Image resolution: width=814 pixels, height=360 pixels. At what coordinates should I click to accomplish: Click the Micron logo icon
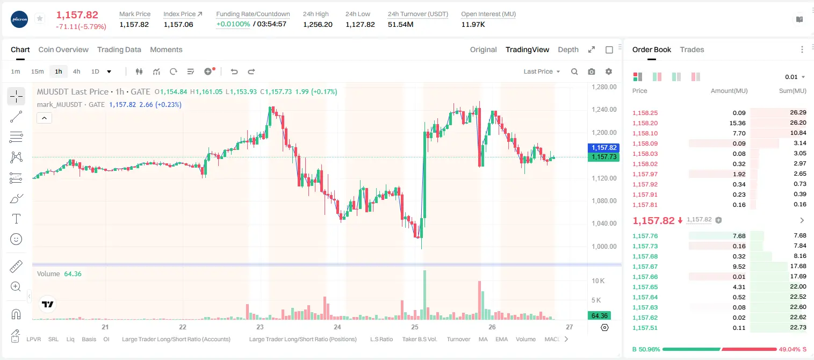pyautogui.click(x=19, y=19)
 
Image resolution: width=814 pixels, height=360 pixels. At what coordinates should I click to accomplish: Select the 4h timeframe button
pyautogui.click(x=76, y=71)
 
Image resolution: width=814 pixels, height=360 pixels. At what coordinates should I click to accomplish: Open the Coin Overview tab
pyautogui.click(x=63, y=49)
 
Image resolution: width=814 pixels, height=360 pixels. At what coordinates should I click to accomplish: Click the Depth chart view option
pyautogui.click(x=568, y=49)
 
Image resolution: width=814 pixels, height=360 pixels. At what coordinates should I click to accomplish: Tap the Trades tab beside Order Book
pyautogui.click(x=692, y=49)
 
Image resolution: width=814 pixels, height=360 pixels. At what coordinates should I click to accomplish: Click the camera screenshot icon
pyautogui.click(x=592, y=71)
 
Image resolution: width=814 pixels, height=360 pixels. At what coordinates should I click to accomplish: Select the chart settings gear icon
pyautogui.click(x=609, y=71)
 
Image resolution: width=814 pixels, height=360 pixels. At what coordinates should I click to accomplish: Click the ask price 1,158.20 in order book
pyautogui.click(x=645, y=123)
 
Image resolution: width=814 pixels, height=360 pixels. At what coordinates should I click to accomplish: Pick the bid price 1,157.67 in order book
pyautogui.click(x=645, y=267)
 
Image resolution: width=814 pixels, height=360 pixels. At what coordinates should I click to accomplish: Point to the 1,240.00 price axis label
pyautogui.click(x=604, y=110)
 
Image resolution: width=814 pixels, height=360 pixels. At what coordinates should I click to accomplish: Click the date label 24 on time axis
pyautogui.click(x=337, y=327)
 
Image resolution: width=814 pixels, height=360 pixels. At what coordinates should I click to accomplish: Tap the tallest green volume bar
pyautogui.click(x=424, y=294)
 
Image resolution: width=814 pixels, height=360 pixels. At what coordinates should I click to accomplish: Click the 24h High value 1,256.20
pyautogui.click(x=318, y=24)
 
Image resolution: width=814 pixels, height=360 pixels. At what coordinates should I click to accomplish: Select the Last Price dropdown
pyautogui.click(x=542, y=71)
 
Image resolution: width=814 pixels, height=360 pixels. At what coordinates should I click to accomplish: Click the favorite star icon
pyautogui.click(x=40, y=18)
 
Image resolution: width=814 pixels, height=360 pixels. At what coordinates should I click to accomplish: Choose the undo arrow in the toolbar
pyautogui.click(x=234, y=71)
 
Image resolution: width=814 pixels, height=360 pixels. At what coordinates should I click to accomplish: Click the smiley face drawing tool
pyautogui.click(x=16, y=239)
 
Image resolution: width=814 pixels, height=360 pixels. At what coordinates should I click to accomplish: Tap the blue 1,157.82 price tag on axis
pyautogui.click(x=603, y=147)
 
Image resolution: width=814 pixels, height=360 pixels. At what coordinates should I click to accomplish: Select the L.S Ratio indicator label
pyautogui.click(x=381, y=339)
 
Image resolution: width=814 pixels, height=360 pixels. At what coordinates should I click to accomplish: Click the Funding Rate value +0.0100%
pyautogui.click(x=233, y=24)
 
